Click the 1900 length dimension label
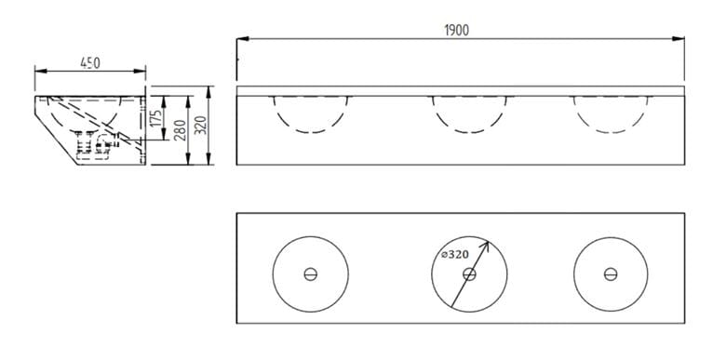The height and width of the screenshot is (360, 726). point(456,31)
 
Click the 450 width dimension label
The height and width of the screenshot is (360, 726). point(90,63)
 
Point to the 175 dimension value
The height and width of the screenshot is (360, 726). point(157,118)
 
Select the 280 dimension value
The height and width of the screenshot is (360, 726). point(181,130)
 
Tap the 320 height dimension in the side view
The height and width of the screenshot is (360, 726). point(201,125)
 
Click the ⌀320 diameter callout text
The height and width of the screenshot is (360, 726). point(455,254)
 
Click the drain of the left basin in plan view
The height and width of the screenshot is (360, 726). point(311,273)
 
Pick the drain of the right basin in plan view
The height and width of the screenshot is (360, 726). point(611,273)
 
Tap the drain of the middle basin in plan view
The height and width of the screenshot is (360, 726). point(469,273)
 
